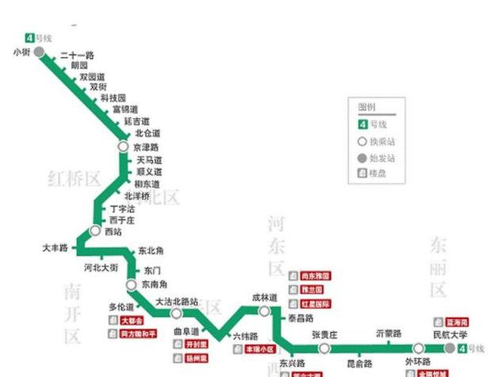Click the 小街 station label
click(21, 52)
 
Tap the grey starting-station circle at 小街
click(39, 52)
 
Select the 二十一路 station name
click(77, 56)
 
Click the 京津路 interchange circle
click(123, 147)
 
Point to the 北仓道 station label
click(147, 133)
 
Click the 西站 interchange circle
click(96, 231)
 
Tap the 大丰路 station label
click(56, 248)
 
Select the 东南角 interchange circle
click(131, 284)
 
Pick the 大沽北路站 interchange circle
click(177, 314)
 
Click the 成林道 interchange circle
click(265, 310)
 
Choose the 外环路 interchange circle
click(418, 348)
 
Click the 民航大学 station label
click(451, 335)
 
